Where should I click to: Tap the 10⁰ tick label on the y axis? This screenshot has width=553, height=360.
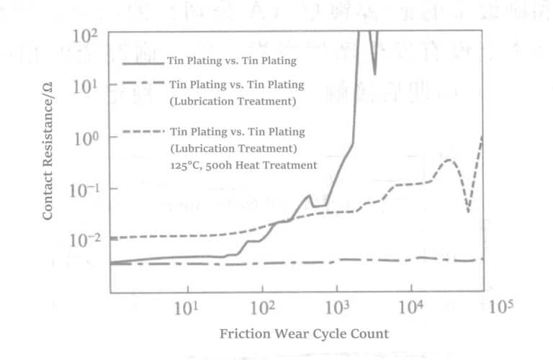click(x=86, y=138)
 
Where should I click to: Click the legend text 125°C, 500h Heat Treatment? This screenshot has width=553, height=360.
click(x=243, y=165)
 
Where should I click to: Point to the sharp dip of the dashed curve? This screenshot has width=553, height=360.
click(x=469, y=212)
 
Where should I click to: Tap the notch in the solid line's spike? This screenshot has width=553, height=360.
click(x=374, y=73)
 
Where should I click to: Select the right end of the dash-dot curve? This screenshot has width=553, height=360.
click(x=482, y=259)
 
